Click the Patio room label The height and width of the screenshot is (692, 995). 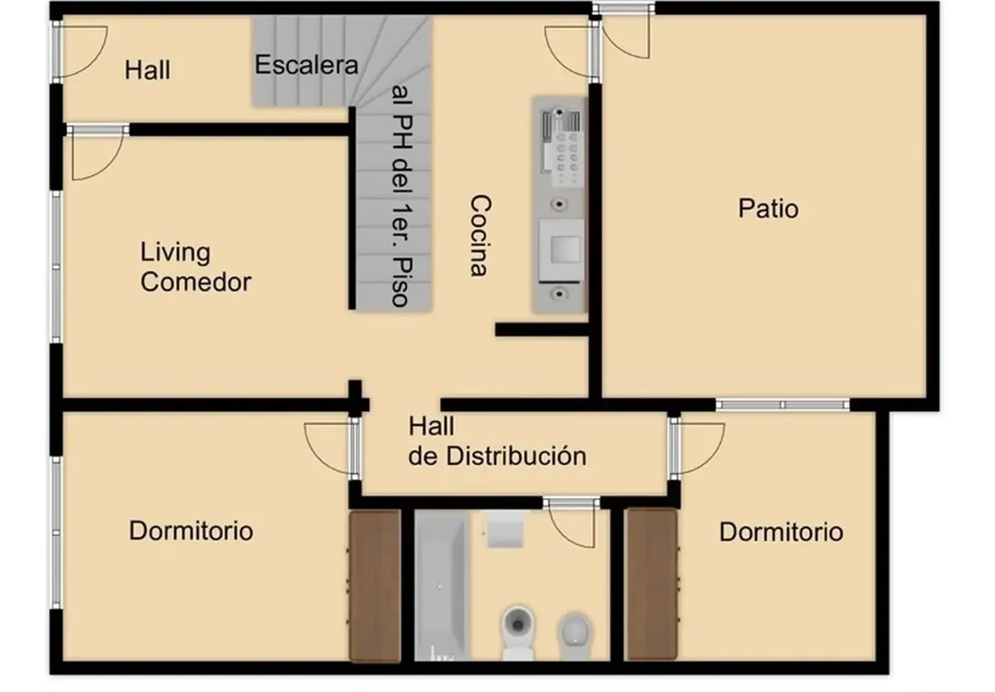768,209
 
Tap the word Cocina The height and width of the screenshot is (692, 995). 481,235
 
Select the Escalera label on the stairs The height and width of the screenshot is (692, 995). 307,65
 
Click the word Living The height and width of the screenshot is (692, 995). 176,253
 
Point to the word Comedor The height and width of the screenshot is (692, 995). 196,282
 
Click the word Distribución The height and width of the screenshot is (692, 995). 516,456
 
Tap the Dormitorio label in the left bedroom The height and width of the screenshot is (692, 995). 191,530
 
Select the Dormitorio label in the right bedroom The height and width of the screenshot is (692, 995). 781,532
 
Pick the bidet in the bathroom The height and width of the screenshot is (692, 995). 575,636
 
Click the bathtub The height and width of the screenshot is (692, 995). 441,585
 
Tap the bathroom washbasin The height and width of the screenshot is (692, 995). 505,529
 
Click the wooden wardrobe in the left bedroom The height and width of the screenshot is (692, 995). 376,585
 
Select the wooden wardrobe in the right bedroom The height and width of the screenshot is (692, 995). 651,584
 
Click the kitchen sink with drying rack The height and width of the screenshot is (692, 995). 561,146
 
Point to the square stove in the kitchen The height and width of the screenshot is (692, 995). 561,250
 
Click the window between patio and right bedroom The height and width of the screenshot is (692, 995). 782,404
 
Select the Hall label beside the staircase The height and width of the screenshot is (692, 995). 147,70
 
